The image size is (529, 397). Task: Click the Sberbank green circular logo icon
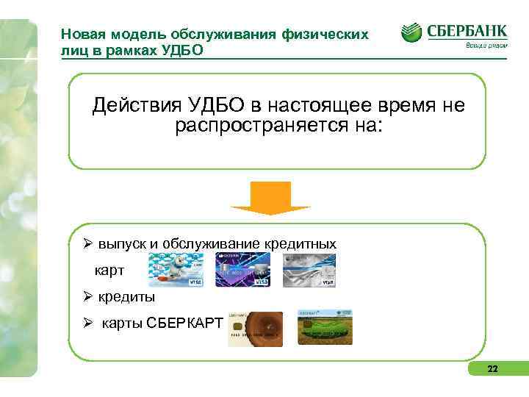pyautogui.click(x=411, y=32)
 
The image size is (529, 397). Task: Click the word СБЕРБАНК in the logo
pyautogui.click(x=466, y=31)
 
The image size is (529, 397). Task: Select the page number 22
pyautogui.click(x=492, y=368)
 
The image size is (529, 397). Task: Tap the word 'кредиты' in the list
pyautogui.click(x=126, y=298)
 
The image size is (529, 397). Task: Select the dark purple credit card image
pyautogui.click(x=242, y=270)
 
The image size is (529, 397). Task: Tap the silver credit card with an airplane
pyautogui.click(x=309, y=270)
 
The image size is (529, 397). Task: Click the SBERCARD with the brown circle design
pyautogui.click(x=254, y=329)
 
